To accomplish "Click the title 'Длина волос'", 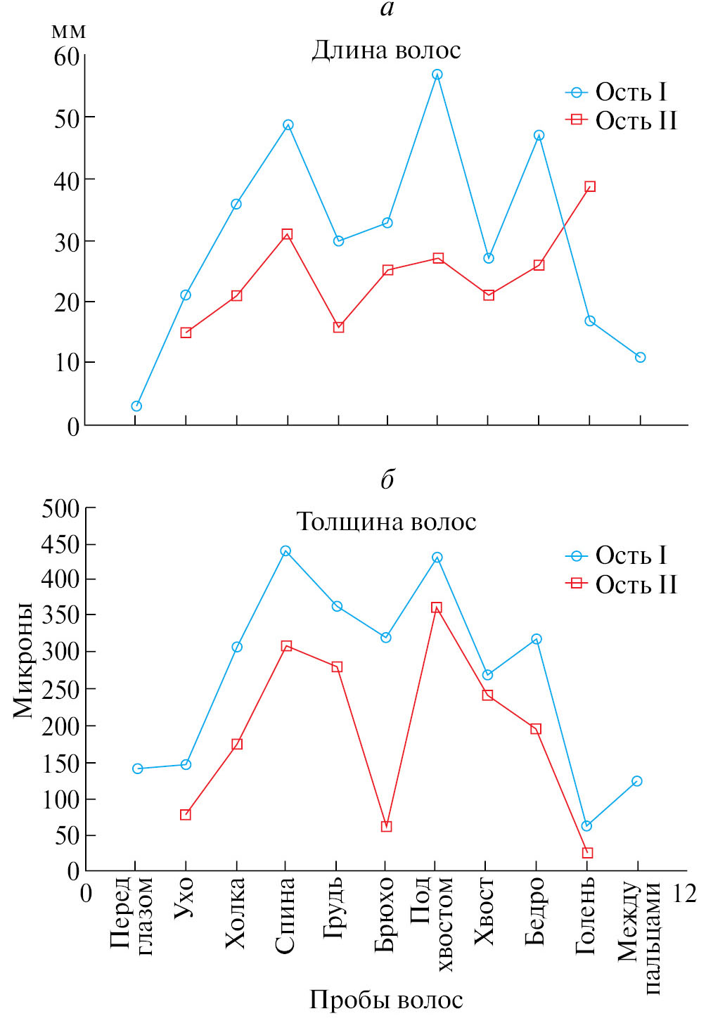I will point(386,51).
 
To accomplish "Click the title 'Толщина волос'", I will point(386,522).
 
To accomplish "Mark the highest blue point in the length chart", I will point(437,75).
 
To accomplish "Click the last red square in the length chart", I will point(590,186).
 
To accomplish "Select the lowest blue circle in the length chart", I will point(136,406).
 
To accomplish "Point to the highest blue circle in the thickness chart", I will point(285,551).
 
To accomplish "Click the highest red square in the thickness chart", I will point(437,607).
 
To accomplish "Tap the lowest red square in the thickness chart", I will point(588,853).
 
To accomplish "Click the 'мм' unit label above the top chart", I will point(69,32).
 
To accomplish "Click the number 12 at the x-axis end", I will point(684,894).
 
